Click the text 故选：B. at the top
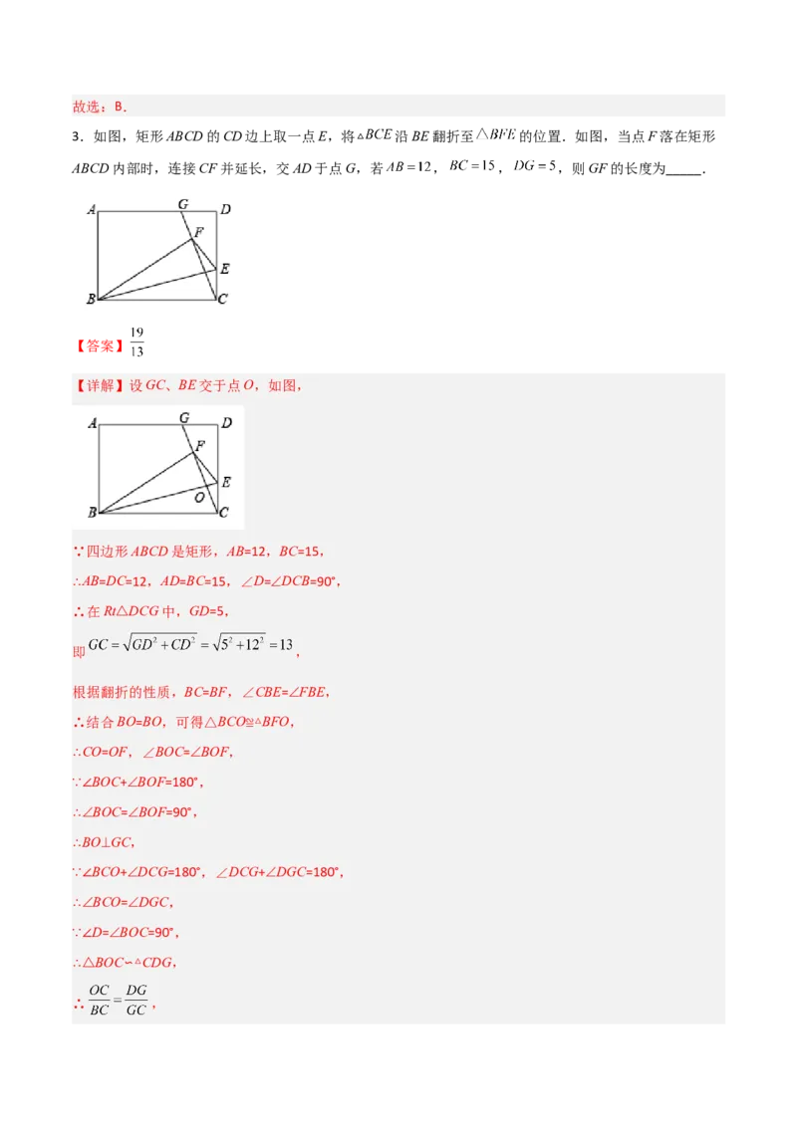tap(100, 107)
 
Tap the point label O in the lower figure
tap(199, 496)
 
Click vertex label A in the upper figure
tap(91, 210)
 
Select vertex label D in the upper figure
tap(226, 209)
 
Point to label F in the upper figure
tap(199, 232)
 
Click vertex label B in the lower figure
tap(92, 513)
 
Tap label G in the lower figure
tap(184, 418)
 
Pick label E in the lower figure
tap(226, 482)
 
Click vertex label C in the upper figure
tap(222, 300)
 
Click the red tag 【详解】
tap(98, 385)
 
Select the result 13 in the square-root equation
tap(285, 644)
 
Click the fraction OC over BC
tap(99, 1000)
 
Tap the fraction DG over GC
tap(136, 1000)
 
